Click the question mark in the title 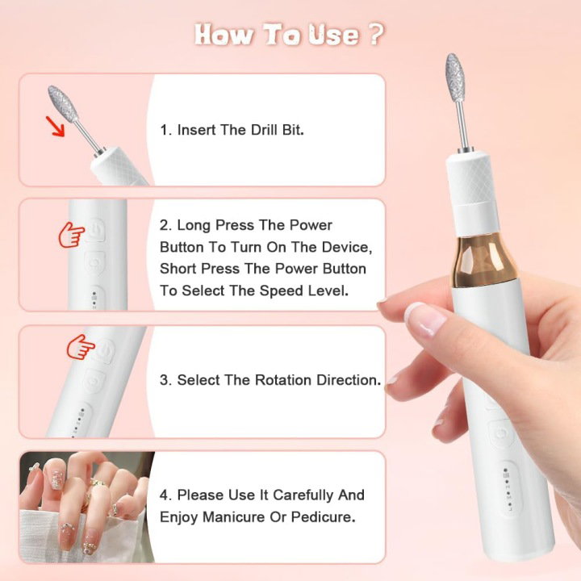tap(376, 34)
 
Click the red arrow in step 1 tap(55, 126)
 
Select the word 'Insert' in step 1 tap(196, 130)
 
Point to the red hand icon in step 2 tap(72, 235)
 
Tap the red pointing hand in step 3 tap(81, 347)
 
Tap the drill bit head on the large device tap(454, 77)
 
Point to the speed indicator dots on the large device tap(508, 488)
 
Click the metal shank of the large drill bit tap(462, 125)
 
